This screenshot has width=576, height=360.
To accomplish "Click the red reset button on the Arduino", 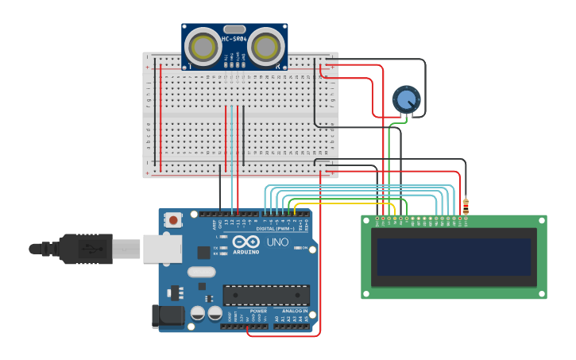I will pos(173,219).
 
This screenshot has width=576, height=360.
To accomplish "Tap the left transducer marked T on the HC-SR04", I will pos(204,47).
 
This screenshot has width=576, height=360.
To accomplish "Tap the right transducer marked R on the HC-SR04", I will pos(265,47).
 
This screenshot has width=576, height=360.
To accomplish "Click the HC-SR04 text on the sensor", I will pos(234,38).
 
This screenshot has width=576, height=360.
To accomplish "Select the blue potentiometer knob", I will pos(406,100).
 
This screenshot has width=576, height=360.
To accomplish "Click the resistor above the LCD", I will pos(466,206).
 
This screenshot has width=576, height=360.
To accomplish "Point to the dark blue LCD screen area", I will pos(454,257).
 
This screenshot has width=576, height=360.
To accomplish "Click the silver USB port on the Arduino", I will pos(162,248).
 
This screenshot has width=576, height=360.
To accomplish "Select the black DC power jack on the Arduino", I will pos(168,315).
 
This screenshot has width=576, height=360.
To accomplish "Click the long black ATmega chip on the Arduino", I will pos(266,295).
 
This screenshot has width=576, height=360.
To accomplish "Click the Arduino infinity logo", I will pos(245,242).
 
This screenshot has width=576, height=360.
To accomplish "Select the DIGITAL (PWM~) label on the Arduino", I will pos(275,228).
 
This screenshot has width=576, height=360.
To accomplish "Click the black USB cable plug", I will pos(87,248).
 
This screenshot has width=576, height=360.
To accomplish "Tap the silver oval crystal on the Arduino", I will pos(201,272).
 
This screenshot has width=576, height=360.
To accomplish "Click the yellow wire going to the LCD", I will pos(342,204).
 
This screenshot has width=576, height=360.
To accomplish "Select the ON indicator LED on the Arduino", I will pos(296,248).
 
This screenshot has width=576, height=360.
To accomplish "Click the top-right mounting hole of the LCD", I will pos(542,220).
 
